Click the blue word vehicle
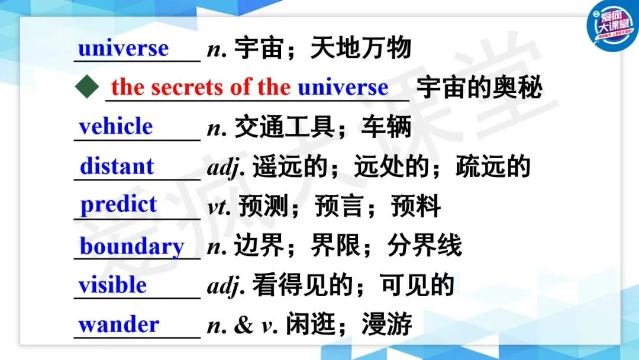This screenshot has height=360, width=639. pos(116,126)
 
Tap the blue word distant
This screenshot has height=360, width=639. pos(117,166)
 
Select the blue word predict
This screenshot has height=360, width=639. pos(118,205)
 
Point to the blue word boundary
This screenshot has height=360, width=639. pos(132,247)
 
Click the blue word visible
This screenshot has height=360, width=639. pos(112,284)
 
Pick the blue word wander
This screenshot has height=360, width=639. pos(118,324)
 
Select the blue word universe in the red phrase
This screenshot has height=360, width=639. pos(343,87)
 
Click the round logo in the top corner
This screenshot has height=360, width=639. pos(612,25)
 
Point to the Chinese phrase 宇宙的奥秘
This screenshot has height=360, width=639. pos(479,87)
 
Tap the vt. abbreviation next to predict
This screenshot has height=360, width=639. pos(220,207)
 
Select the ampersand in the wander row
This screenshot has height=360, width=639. pos(243,324)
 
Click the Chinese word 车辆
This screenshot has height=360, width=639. pos(386,127)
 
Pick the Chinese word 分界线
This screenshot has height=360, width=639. pos(424,246)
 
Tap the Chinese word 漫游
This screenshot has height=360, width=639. pos(386,324)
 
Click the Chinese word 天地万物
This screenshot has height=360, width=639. pos(361,48)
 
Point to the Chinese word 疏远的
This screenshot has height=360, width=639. pos(493,166)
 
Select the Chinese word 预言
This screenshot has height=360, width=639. pos(339,206)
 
